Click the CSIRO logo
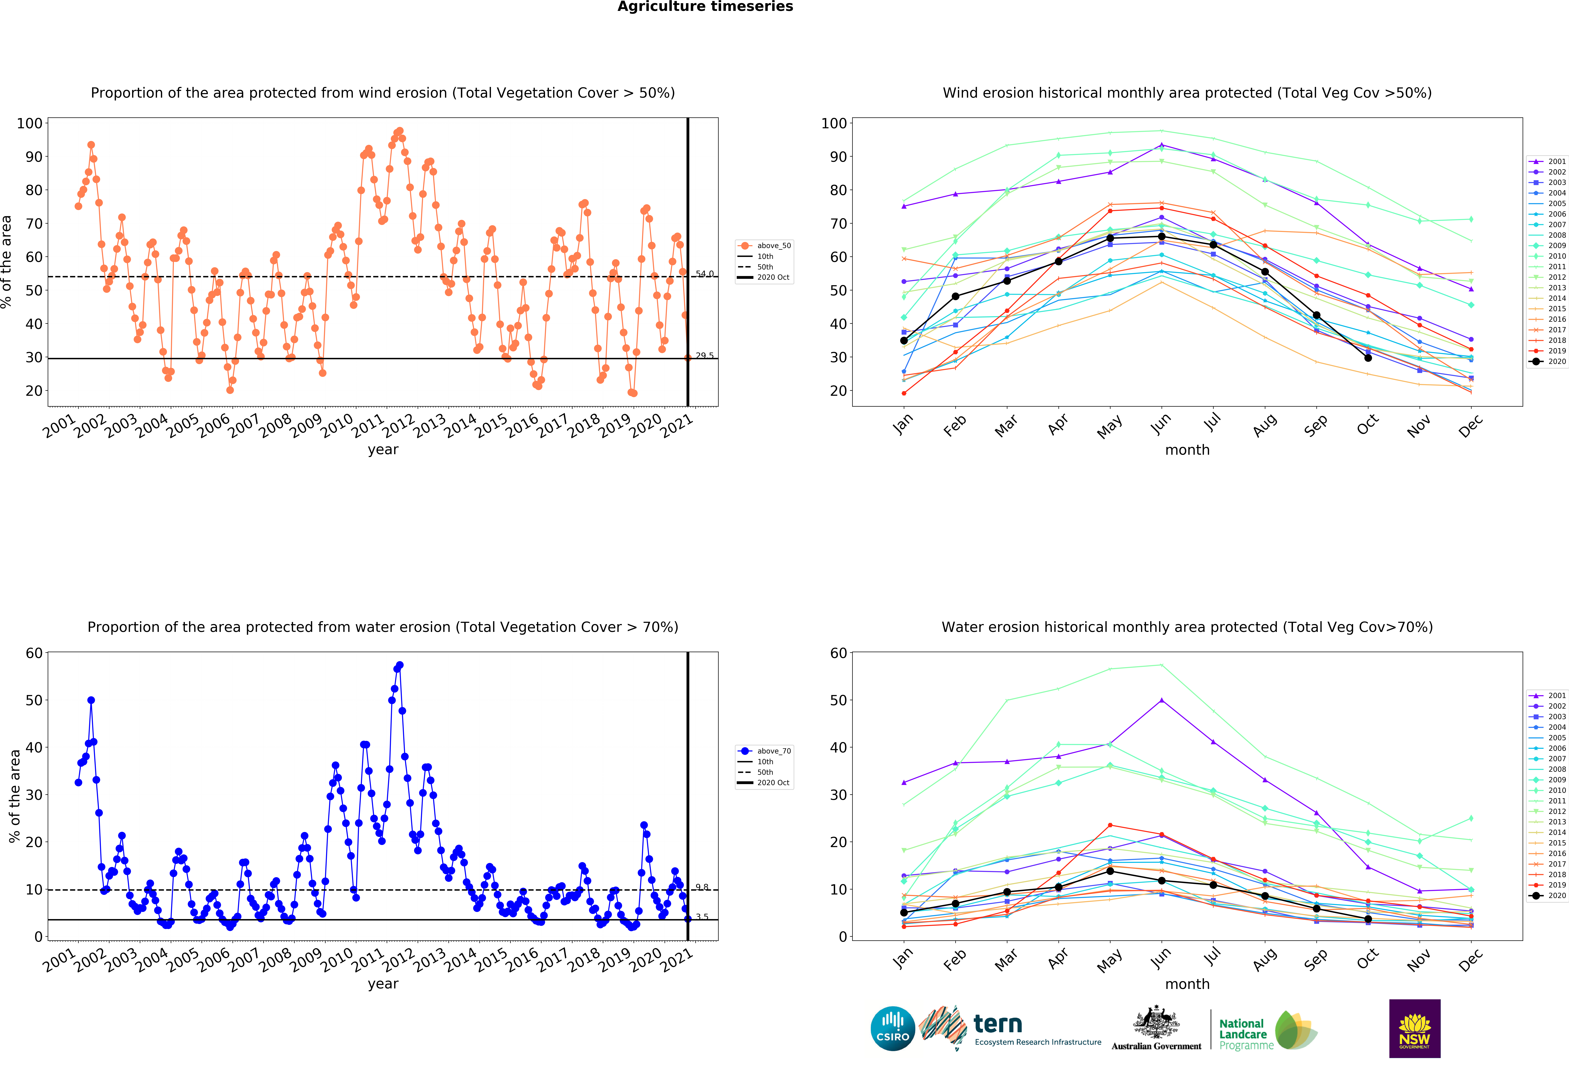pyautogui.click(x=893, y=1029)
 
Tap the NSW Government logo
pyautogui.click(x=1414, y=1028)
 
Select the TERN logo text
pyautogui.click(x=998, y=1025)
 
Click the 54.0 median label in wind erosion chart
pyautogui.click(x=704, y=274)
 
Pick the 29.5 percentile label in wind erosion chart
pyautogui.click(x=704, y=355)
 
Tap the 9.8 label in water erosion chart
pyautogui.click(x=702, y=887)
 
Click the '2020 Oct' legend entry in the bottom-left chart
pyautogui.click(x=773, y=783)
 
